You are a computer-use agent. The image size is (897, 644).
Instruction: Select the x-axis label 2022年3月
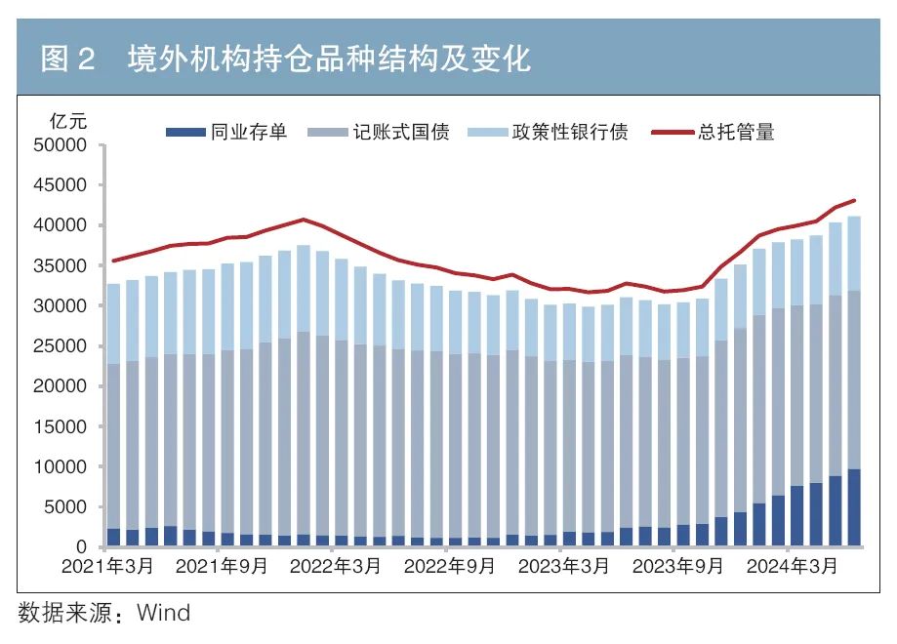333,567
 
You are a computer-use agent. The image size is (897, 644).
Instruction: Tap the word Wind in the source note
163,613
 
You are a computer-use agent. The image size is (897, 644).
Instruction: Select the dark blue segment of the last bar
853,507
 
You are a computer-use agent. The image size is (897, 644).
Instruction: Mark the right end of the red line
854,200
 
